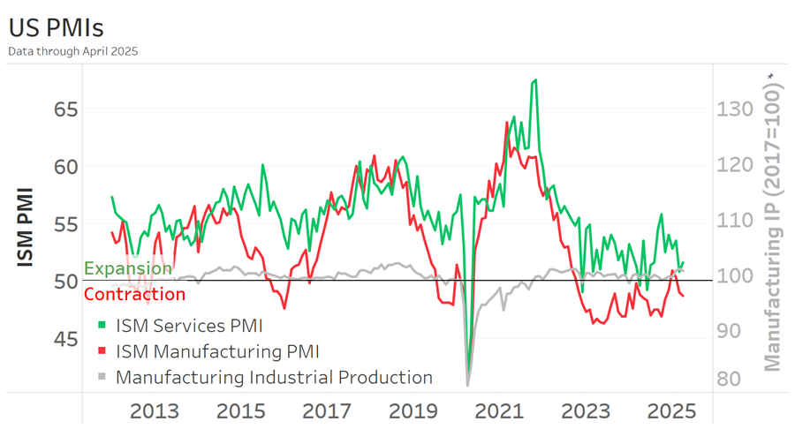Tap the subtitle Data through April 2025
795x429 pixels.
click(72, 51)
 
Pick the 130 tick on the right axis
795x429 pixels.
click(735, 109)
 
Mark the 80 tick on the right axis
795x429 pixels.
click(730, 379)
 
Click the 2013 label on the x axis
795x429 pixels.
click(155, 411)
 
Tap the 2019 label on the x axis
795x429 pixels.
click(413, 411)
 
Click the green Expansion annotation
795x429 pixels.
click(128, 268)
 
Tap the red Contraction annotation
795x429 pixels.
click(134, 294)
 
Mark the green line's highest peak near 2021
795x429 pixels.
click(535, 80)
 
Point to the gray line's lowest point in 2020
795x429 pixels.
click(468, 385)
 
